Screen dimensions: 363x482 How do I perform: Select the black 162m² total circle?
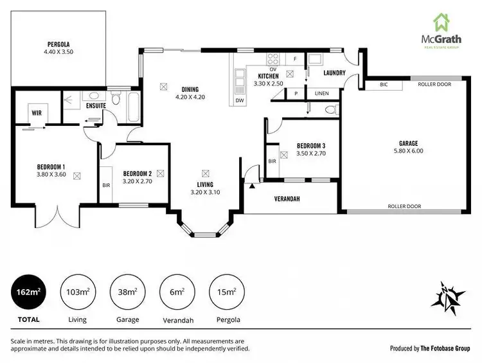tap(27, 292)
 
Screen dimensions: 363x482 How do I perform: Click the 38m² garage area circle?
tap(127, 292)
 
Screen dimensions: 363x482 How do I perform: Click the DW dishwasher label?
tap(239, 101)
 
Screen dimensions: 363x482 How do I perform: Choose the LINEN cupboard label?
tap(322, 94)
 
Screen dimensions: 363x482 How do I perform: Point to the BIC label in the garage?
tap(384, 84)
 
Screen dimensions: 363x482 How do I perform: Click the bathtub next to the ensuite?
tap(133, 107)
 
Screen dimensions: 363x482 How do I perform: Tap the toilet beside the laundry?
tap(330, 109)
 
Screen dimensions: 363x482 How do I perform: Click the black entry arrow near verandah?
tap(252, 186)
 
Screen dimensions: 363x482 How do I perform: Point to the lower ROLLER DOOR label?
tap(404, 206)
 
